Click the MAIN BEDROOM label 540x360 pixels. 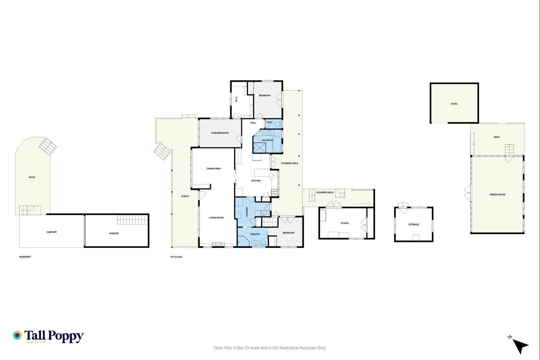click(220, 133)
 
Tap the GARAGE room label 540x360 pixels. click(114, 233)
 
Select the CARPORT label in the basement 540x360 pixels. click(52, 232)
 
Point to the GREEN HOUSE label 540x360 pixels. click(497, 195)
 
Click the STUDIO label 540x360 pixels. click(345, 223)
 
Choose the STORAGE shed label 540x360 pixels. click(414, 224)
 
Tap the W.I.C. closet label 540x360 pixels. click(236, 99)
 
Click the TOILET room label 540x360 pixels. click(270, 122)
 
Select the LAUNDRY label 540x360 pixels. click(247, 212)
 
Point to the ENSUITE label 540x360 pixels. click(255, 234)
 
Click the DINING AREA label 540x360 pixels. click(214, 169)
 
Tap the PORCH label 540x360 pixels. click(185, 196)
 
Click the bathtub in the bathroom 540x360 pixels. click(277, 144)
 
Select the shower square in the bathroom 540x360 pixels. click(260, 148)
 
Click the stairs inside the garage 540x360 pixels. click(132, 220)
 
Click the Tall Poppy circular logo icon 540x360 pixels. click(17, 335)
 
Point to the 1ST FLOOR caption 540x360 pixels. click(176, 257)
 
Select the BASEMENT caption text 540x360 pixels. click(25, 257)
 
